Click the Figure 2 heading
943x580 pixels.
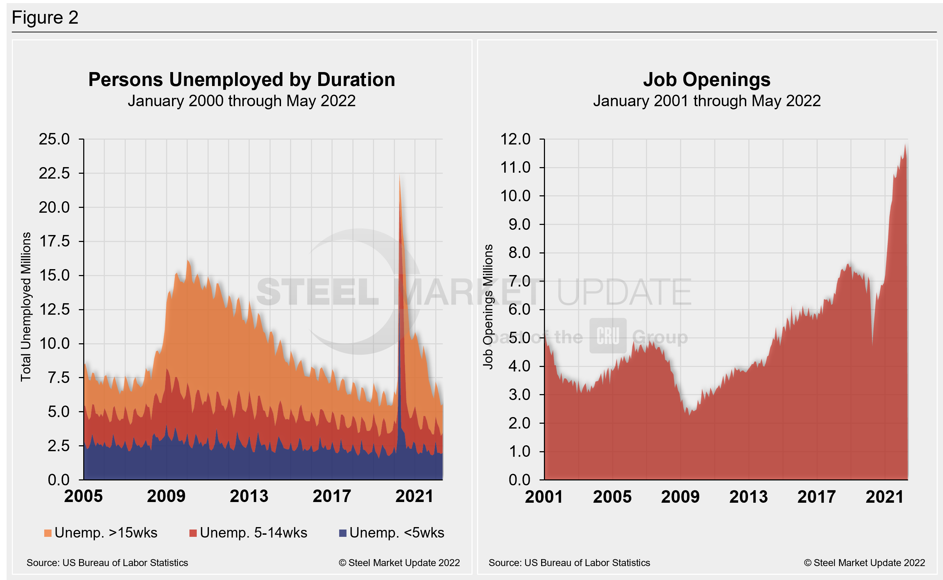point(45,18)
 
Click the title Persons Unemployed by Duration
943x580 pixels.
point(242,80)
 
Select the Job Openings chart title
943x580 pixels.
point(707,80)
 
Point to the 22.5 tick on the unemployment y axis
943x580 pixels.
point(54,173)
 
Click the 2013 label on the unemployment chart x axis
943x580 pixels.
point(249,496)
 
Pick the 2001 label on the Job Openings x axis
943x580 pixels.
point(544,497)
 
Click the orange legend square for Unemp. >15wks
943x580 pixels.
point(48,533)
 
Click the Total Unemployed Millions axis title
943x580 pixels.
point(26,307)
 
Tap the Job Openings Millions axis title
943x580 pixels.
point(488,307)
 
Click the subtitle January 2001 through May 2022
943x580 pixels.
point(707,101)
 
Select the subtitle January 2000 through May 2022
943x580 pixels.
point(242,101)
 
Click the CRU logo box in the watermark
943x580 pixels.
point(608,336)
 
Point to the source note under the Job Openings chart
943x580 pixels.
point(569,563)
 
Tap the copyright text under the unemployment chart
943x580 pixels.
point(399,563)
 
